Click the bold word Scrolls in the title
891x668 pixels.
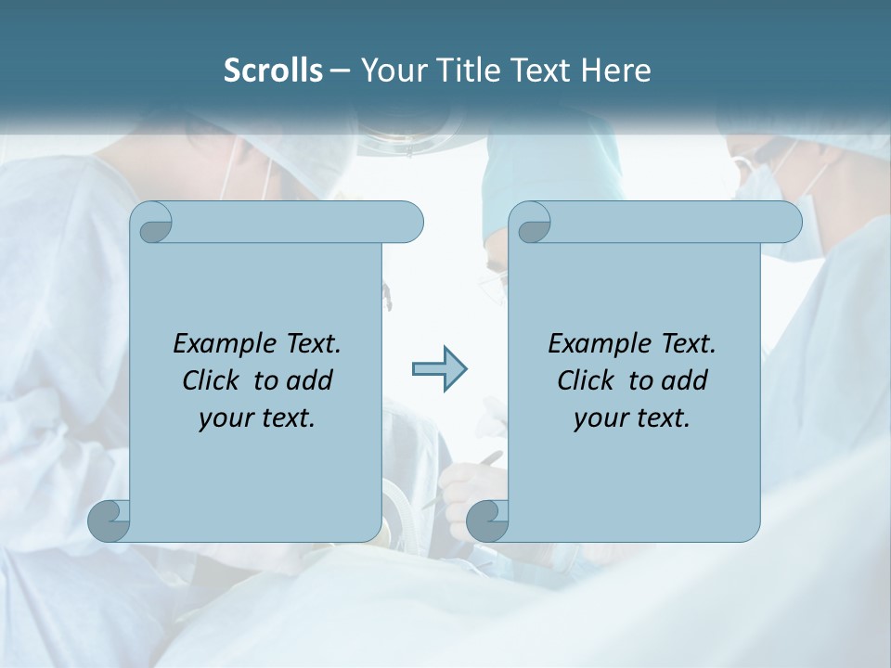(274, 71)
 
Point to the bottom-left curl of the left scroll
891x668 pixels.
(110, 520)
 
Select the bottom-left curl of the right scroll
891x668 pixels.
(487, 520)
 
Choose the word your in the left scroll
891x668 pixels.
(224, 418)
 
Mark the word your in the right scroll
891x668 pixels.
(599, 418)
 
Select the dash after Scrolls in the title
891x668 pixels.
(340, 71)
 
